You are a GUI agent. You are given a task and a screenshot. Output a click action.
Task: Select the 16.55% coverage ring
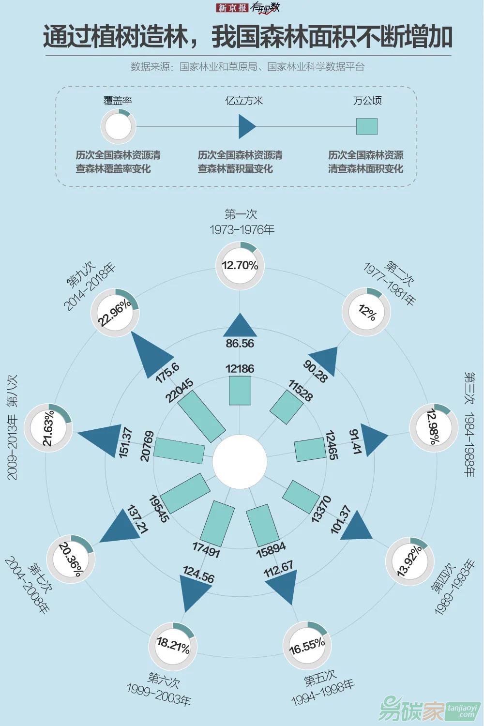(x=307, y=645)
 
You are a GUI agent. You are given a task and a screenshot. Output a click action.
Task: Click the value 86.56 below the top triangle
(x=240, y=343)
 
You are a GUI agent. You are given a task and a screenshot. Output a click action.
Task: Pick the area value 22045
(x=180, y=390)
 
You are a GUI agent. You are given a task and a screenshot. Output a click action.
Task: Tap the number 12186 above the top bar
(x=240, y=369)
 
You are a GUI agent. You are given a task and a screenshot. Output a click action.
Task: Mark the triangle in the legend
(x=246, y=127)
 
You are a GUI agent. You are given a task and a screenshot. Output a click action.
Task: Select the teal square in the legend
(x=366, y=127)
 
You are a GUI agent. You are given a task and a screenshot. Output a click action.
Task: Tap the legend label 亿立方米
(x=244, y=101)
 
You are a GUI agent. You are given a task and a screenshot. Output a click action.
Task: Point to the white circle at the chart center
(x=240, y=461)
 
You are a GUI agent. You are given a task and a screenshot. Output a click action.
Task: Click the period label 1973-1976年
(x=242, y=229)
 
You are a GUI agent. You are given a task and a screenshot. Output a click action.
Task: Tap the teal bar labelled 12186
(x=240, y=391)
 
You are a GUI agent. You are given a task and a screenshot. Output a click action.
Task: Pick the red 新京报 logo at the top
(x=232, y=8)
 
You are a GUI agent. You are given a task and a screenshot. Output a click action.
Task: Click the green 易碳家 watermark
(x=411, y=711)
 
